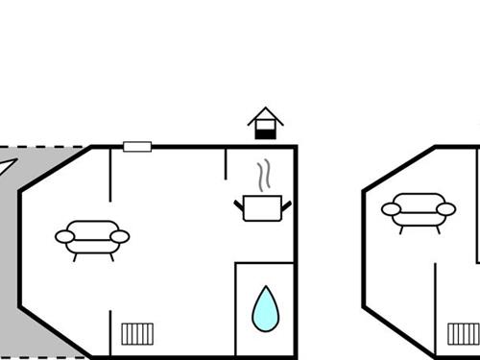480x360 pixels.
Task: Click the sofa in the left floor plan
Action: coord(92,236)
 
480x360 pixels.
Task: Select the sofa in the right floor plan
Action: coord(418,208)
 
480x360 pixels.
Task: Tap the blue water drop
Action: coord(266,308)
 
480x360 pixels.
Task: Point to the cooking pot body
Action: coord(261,207)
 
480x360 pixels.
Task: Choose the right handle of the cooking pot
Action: coord(285,204)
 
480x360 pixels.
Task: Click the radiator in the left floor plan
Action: coord(138,334)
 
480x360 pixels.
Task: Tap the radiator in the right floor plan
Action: coord(465,334)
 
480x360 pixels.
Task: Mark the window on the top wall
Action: coord(137,147)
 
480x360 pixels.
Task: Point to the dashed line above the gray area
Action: coord(48,147)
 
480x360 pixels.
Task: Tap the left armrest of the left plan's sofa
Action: coord(65,235)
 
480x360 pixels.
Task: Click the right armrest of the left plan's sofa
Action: coord(119,235)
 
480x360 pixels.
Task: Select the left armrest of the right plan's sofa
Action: coord(391,207)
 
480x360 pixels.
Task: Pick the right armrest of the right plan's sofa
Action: coord(445,207)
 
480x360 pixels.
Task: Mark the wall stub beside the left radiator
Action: coord(110,332)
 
